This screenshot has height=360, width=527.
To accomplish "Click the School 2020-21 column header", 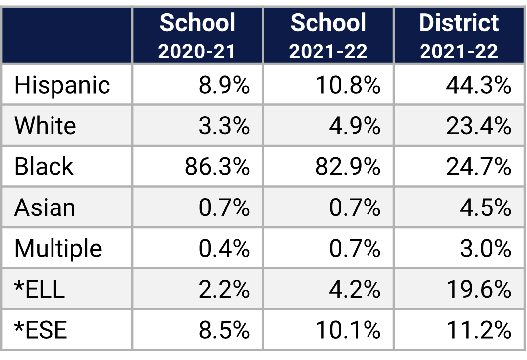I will pos(198,36).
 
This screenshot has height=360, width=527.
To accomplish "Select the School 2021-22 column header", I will pos(328,36).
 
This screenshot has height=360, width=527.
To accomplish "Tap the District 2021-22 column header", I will pos(459,36).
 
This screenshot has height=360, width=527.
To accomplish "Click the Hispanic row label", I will pos(62,85).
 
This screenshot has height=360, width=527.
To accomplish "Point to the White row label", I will pos(45,126).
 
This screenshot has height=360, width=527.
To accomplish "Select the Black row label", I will pos(44,166).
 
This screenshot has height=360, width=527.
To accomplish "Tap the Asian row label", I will pos(45,207).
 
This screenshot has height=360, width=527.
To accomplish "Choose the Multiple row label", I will pos(58,248).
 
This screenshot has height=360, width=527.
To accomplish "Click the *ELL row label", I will pos(40,289).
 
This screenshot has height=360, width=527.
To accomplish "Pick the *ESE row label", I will pos(41,330).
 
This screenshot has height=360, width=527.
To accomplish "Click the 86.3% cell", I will pos(217,167).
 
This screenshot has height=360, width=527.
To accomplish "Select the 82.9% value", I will pos(348,167).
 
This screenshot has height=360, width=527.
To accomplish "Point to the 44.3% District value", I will pos(478,85).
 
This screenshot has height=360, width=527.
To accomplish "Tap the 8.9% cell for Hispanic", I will pos(224,85).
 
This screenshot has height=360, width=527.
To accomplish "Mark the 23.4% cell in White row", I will pos(478,126).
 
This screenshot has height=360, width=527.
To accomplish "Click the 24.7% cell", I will pos(478,167).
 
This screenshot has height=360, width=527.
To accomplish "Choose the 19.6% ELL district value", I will pos(478,289).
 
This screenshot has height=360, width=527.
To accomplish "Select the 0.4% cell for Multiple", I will pos(224,248).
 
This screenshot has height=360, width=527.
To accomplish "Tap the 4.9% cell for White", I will pos(355,126).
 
